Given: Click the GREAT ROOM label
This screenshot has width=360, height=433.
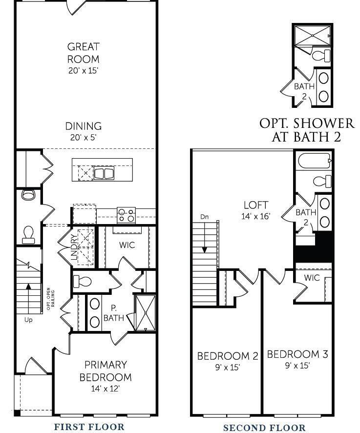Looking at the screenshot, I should pos(84,53).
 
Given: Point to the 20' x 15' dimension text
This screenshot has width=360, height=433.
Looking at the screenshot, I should pos(84,70).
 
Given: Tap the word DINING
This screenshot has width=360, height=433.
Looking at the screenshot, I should pos(84,126).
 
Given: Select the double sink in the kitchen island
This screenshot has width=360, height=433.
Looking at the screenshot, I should pos(104,173).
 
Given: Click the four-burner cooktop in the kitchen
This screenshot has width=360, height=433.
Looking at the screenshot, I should pos(126,215).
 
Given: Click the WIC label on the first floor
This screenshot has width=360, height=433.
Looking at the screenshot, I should pos(127,245).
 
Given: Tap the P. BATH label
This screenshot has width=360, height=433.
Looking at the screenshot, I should pos(113,313).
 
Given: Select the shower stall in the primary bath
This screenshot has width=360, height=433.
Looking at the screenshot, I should pos(145,312).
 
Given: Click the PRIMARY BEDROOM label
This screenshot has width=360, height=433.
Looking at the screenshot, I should pos(106,371).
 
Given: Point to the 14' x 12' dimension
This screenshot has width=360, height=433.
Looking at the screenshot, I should pos(106,389).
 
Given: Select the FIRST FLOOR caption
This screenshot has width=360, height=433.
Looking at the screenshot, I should pos(89,426).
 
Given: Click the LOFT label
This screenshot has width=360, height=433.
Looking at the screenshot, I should pos(255,205).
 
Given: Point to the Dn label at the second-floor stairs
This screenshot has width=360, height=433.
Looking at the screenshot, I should pos(205,217).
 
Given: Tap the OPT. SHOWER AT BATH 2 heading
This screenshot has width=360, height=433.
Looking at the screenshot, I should pos(306,130).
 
